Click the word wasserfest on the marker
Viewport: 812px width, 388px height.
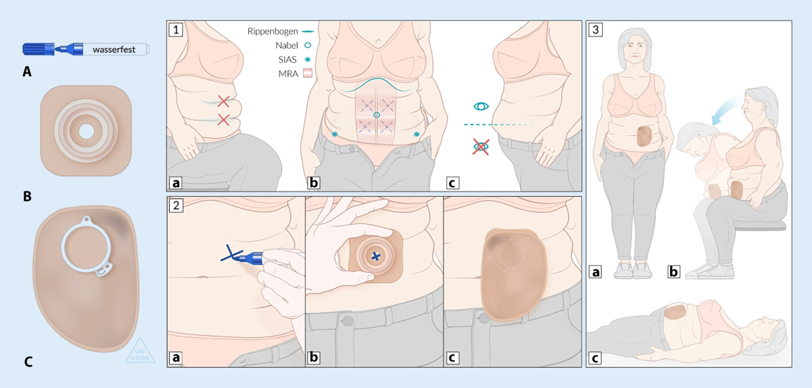(x=114, y=49)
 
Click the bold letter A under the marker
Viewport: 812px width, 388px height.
(x=27, y=72)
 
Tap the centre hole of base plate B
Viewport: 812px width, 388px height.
(x=87, y=132)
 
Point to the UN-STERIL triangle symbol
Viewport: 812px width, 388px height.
(x=140, y=351)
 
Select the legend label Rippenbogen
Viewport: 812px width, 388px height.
(x=273, y=32)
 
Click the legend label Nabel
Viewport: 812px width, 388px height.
(x=286, y=46)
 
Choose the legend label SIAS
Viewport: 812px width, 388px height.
(x=287, y=59)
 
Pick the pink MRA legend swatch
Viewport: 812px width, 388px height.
(x=308, y=74)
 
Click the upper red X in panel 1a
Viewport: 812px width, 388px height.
(x=224, y=101)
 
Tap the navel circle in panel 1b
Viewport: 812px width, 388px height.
(x=377, y=115)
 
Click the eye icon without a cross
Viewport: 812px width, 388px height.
(x=481, y=107)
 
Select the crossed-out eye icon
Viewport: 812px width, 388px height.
(x=480, y=147)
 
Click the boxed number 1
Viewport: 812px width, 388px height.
(x=176, y=29)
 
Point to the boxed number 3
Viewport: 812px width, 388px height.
(x=595, y=29)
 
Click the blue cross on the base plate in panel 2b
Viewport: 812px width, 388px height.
(x=376, y=256)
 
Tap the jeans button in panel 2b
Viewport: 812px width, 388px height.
(x=348, y=320)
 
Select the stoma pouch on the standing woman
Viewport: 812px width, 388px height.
(x=644, y=137)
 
